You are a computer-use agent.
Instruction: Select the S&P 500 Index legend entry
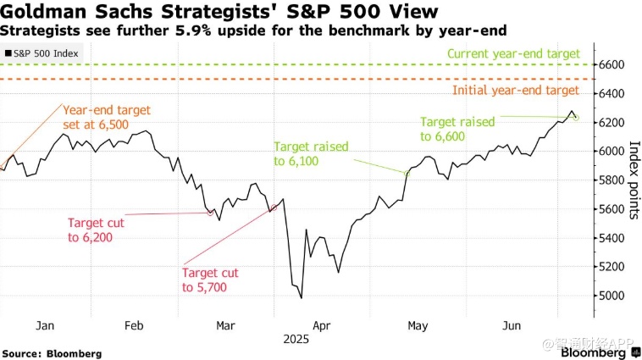(x=43, y=53)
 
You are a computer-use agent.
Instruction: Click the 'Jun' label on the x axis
(x=512, y=324)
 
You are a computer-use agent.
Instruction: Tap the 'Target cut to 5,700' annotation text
(x=209, y=280)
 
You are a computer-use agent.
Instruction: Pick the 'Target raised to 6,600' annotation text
(x=457, y=129)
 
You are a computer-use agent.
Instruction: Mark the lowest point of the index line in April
(x=302, y=297)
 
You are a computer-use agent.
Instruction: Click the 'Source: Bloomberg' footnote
(x=52, y=352)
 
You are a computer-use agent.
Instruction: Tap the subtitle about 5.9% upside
(x=253, y=30)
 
